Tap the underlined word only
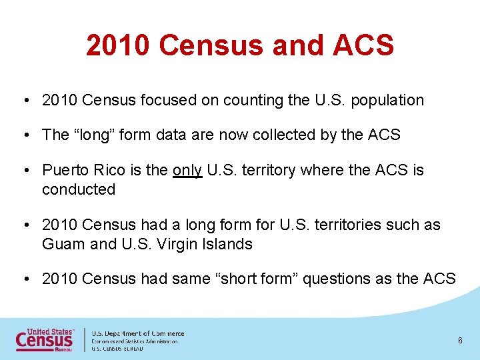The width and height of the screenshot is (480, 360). coord(187,171)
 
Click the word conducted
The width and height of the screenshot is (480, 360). coord(79,189)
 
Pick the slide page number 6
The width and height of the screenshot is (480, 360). coord(460,341)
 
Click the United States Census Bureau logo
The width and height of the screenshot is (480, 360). coord(45,339)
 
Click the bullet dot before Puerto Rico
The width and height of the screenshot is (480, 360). coord(23,171)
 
